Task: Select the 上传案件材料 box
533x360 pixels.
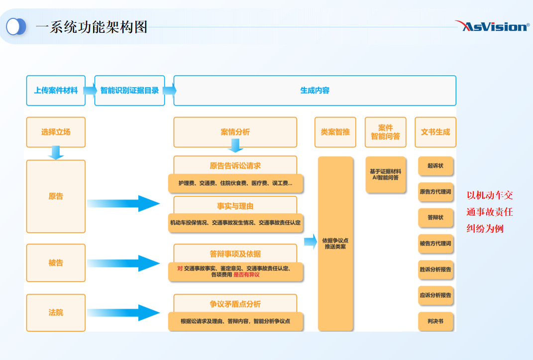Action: [x=56, y=90]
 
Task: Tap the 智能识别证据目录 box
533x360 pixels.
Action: [x=129, y=90]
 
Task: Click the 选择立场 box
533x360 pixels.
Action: [x=56, y=132]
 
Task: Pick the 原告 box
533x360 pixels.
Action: [x=56, y=196]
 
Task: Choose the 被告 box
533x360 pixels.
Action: [x=56, y=263]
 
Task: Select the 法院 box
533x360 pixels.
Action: [x=56, y=313]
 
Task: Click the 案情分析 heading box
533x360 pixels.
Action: [x=235, y=132]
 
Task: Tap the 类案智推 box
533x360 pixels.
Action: [x=335, y=132]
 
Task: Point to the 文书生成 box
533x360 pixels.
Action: [x=435, y=132]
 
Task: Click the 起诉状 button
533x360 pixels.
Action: [x=435, y=166]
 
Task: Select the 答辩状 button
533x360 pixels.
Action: [x=435, y=218]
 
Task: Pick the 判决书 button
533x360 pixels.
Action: [x=435, y=321]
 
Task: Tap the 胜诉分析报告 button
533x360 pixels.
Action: [x=435, y=270]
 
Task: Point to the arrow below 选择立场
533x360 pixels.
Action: [x=56, y=153]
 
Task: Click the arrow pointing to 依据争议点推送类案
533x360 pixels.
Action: [x=310, y=242]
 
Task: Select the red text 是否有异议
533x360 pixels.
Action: [x=246, y=274]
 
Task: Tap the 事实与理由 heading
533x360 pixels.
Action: [x=235, y=206]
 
